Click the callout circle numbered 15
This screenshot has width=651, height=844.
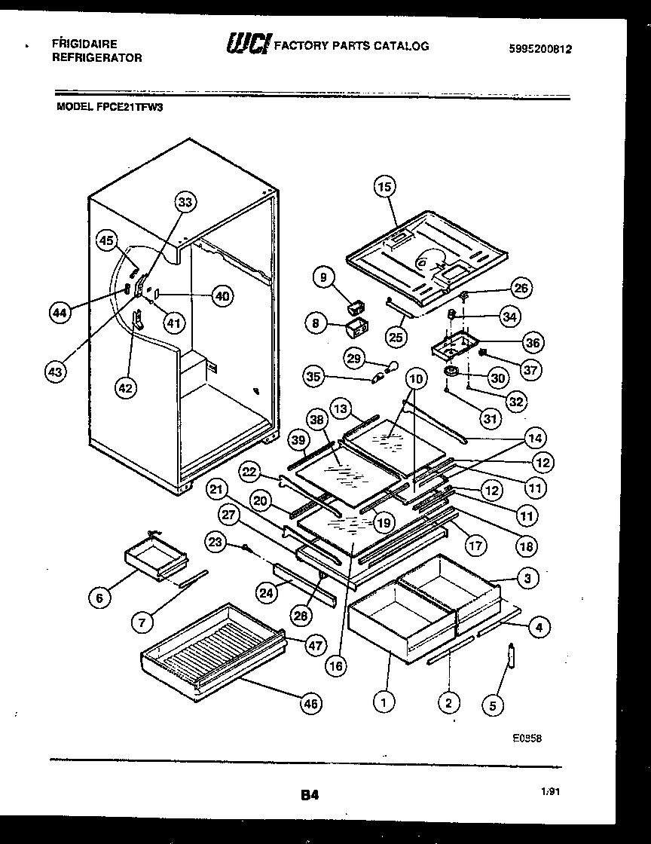pyautogui.click(x=385, y=186)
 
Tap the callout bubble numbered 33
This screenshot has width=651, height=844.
pyautogui.click(x=185, y=202)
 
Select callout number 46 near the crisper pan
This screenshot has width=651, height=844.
pyautogui.click(x=310, y=704)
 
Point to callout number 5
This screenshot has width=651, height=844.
pyautogui.click(x=494, y=705)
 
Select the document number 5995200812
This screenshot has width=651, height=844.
pyautogui.click(x=541, y=49)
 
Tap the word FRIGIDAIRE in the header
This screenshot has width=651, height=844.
pyautogui.click(x=84, y=44)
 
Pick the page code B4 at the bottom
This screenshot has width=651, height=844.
pyautogui.click(x=309, y=794)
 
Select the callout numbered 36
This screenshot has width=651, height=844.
pyautogui.click(x=533, y=342)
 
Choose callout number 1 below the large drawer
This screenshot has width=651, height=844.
pyautogui.click(x=384, y=703)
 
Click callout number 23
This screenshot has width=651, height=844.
pyautogui.click(x=216, y=540)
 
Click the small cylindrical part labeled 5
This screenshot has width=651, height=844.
pyautogui.click(x=510, y=656)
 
